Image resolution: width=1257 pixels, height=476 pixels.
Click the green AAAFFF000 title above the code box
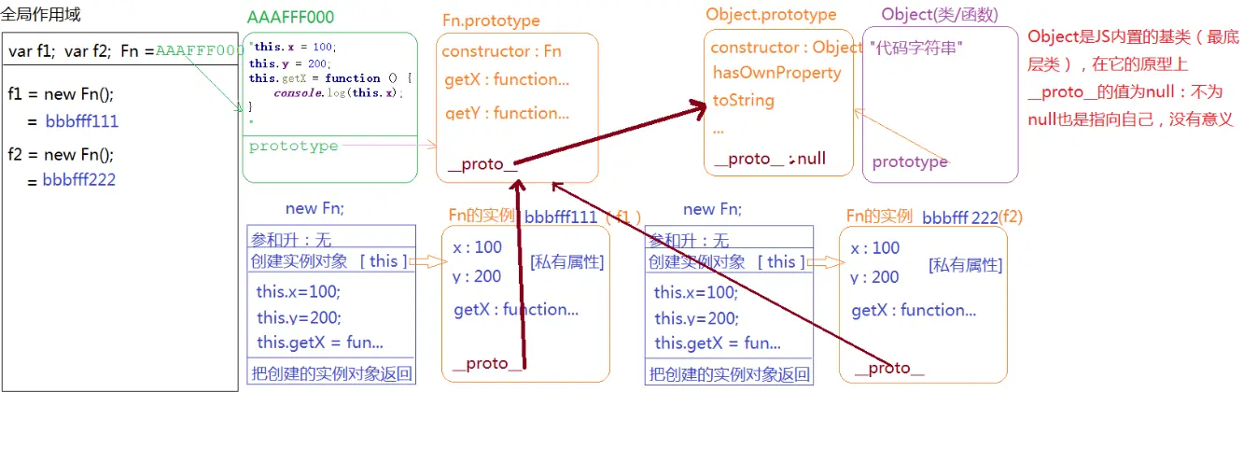point(290,18)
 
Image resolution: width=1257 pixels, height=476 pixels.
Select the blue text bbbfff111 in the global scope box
point(80,121)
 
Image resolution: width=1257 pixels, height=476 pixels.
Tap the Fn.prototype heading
point(490,21)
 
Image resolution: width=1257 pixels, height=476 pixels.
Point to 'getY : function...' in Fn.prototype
point(507,113)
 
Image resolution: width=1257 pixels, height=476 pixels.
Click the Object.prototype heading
point(771,15)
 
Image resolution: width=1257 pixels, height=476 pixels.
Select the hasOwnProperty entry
point(776,73)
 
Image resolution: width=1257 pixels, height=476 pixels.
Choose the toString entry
point(743,100)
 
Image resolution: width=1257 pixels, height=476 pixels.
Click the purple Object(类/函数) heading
point(939,15)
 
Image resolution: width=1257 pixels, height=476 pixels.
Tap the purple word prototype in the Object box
point(909,161)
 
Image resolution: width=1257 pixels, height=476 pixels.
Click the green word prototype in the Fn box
point(293,146)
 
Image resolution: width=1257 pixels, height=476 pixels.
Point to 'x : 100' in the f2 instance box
point(874,248)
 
